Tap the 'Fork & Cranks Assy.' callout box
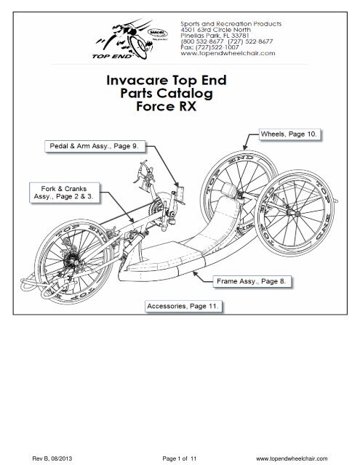(57, 192)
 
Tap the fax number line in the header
(217, 46)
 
